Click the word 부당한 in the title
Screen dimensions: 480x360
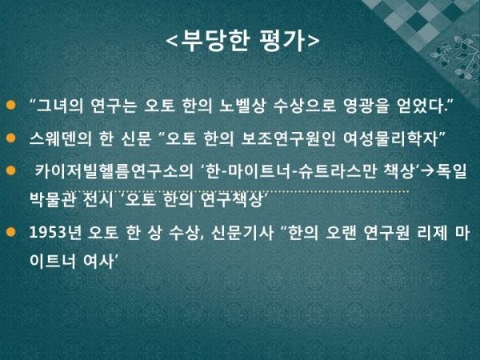point(215,41)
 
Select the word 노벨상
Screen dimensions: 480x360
point(242,106)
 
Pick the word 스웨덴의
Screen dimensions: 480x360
point(60,138)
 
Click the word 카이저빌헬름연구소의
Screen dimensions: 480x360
point(114,171)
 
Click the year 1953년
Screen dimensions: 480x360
point(55,233)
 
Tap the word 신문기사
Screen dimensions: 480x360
point(242,233)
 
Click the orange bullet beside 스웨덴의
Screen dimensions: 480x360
point(10,138)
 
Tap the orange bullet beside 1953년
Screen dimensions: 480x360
point(10,232)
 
